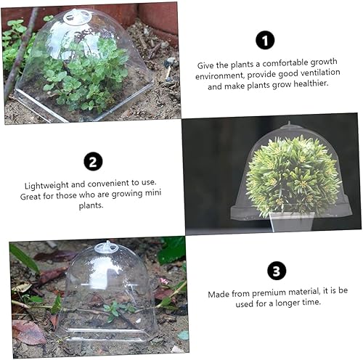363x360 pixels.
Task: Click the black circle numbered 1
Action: click(265, 41)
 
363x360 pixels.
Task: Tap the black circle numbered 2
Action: click(93, 161)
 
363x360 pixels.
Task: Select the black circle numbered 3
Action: click(276, 271)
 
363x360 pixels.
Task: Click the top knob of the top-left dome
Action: click(77, 15)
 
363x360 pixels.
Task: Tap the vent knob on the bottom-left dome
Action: click(106, 247)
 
